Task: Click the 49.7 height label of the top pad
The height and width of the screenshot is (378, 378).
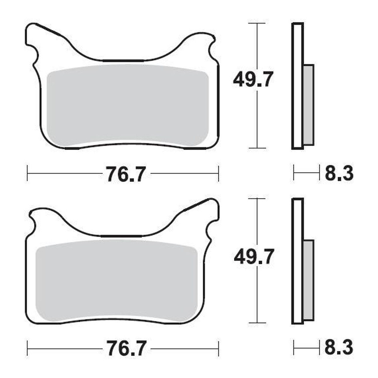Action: [253, 79]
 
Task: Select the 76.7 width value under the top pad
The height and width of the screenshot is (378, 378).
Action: [126, 174]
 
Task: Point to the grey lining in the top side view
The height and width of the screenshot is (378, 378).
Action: [309, 105]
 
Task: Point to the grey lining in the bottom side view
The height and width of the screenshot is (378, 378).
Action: [309, 281]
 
